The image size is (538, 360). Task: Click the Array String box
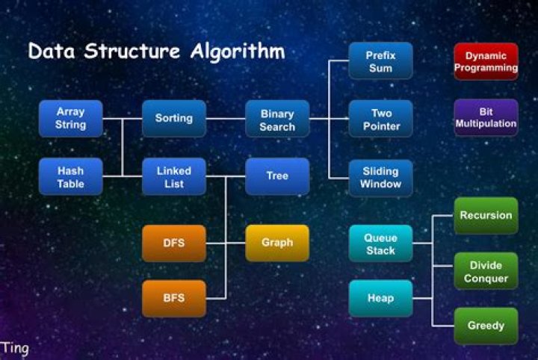click(x=70, y=118)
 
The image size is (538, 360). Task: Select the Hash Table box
click(x=70, y=177)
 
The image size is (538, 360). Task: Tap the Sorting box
click(x=173, y=118)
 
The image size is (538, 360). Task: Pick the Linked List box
click(x=173, y=177)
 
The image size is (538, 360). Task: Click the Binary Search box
click(x=277, y=120)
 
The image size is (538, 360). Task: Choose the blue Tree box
click(x=277, y=176)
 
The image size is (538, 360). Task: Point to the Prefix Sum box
click(x=380, y=61)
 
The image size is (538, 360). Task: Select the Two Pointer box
click(x=381, y=120)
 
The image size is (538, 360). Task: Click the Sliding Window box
click(x=380, y=178)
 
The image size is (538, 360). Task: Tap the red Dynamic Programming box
click(x=486, y=61)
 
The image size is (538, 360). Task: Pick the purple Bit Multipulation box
click(x=486, y=117)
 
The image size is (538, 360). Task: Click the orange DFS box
click(x=173, y=243)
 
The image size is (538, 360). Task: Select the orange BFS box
click(x=173, y=298)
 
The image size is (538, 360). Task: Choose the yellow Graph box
click(x=277, y=243)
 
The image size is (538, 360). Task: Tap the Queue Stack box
click(x=380, y=243)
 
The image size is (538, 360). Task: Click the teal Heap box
click(x=380, y=298)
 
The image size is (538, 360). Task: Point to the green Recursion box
click(x=486, y=216)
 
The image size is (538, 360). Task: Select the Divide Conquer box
click(x=486, y=272)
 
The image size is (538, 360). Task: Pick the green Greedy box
click(x=486, y=326)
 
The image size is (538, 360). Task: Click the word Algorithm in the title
click(x=236, y=52)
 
